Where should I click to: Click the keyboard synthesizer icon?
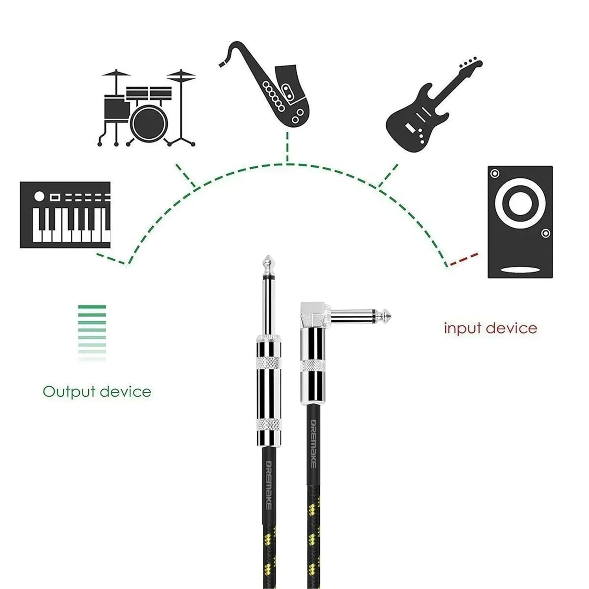point(65,215)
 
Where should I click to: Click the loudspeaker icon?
point(520,222)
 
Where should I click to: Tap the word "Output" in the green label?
point(69,391)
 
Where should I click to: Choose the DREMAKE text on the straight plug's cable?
point(268,485)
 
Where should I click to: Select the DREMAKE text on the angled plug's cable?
point(313,444)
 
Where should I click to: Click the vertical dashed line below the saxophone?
point(287,147)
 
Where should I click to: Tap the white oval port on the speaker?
point(520,270)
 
